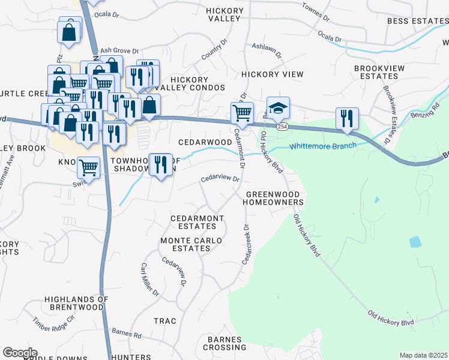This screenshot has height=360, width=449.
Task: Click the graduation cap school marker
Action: [x=278, y=108]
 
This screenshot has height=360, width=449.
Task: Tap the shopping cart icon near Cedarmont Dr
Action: [x=241, y=112]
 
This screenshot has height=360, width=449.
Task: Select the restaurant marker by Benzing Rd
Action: [x=346, y=119]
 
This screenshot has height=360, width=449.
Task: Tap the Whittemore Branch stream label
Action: [x=324, y=145]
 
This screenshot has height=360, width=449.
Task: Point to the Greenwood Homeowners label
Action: [x=274, y=198]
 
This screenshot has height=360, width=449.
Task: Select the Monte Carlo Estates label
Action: [x=191, y=244]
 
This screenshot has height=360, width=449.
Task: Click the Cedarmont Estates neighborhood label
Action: [x=197, y=222]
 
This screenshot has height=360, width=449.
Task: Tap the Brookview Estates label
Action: [x=379, y=73]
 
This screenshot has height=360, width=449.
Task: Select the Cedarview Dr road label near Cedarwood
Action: [x=220, y=178]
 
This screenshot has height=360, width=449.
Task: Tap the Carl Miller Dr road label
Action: [x=149, y=279]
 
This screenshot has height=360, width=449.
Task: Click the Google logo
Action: [x=20, y=353]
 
